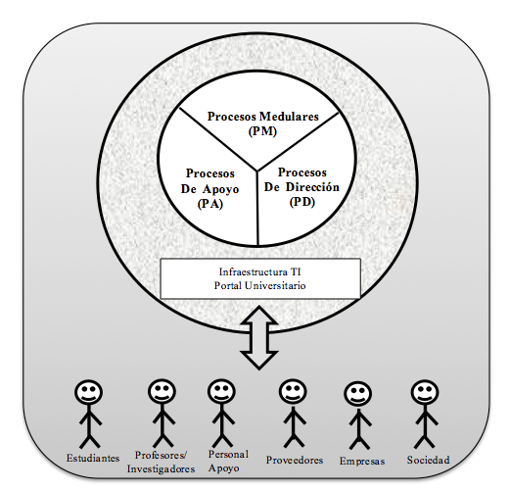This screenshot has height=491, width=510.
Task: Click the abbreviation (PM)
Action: click(262, 131)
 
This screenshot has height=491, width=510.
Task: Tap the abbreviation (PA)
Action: click(210, 204)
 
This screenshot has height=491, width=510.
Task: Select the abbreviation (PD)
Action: click(302, 202)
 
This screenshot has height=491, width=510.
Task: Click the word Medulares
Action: click(289, 117)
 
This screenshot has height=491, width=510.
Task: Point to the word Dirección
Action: click(312, 187)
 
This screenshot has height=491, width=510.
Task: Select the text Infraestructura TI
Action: click(259, 271)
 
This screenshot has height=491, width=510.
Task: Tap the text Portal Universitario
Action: click(259, 286)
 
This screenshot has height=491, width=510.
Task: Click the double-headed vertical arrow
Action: click(259, 338)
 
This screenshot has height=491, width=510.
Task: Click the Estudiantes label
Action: click(93, 458)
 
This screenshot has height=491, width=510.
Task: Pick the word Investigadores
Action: click(161, 469)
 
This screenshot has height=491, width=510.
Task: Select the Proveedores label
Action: click(295, 460)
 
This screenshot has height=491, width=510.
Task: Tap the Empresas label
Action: click(362, 461)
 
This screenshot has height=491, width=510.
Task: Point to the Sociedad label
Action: click(428, 460)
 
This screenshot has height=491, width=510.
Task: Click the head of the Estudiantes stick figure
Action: click(88, 392)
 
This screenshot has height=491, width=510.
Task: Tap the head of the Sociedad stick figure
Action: click(425, 393)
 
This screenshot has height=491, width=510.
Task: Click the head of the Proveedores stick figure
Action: click(293, 392)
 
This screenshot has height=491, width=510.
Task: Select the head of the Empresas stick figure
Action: click(357, 394)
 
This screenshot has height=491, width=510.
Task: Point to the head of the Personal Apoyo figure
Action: click(221, 392)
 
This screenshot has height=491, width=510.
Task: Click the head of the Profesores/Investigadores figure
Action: click(162, 392)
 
